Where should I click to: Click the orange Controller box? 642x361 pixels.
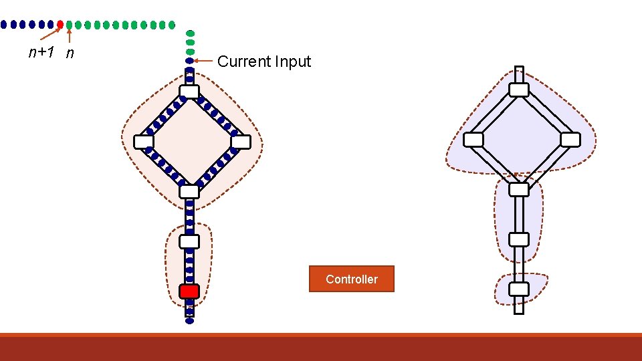point(351,279)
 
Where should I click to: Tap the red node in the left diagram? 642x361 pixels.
point(189,291)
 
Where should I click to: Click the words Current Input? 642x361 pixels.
point(264,62)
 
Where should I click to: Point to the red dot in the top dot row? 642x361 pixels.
point(60,25)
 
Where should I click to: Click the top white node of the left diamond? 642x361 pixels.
point(189,92)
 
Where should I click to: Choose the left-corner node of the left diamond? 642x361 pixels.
point(143,142)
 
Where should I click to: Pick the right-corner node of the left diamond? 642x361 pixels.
point(241,142)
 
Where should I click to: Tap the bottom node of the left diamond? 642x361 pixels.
point(189,191)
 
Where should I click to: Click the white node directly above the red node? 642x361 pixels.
point(189,241)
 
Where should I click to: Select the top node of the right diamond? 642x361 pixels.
point(519,90)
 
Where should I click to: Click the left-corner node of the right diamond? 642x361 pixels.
point(473,140)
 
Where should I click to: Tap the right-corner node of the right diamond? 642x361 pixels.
point(570,140)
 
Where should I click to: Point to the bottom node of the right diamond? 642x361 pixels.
point(519,189)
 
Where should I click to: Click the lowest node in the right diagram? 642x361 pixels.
point(519,289)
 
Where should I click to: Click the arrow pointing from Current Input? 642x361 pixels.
point(204,61)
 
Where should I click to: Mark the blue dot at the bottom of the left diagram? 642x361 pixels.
point(189,321)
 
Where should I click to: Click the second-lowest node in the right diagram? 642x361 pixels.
point(519,239)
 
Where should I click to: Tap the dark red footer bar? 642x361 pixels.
point(321,348)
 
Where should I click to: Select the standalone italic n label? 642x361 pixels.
point(70,53)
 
